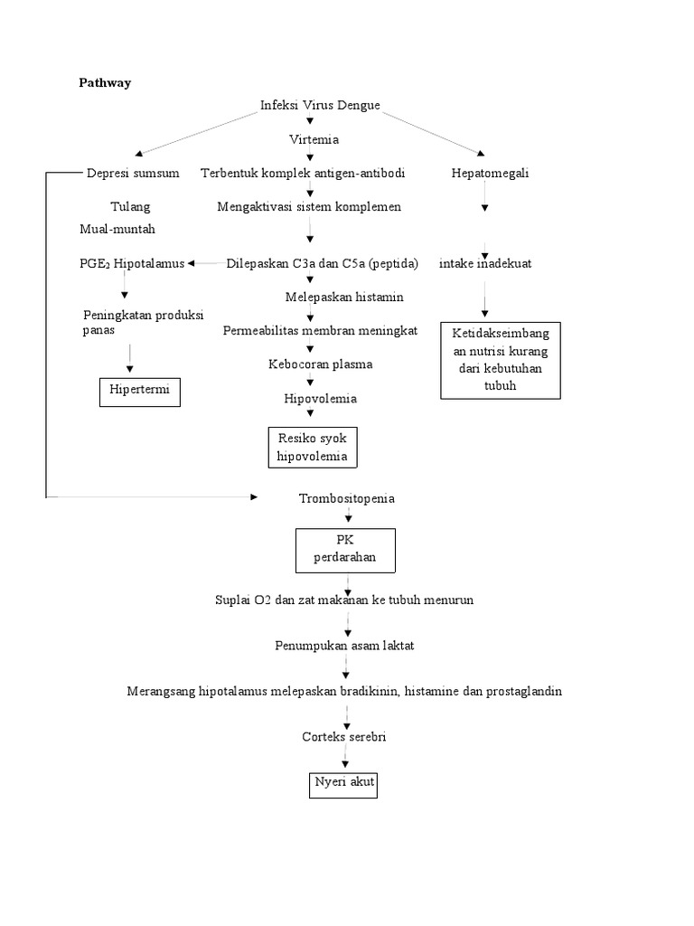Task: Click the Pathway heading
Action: coord(105,82)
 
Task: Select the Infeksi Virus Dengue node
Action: coord(320,107)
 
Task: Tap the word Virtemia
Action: coord(314,139)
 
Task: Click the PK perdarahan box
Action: coord(344,550)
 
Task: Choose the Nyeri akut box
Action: coord(342,783)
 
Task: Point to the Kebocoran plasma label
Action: coord(320,364)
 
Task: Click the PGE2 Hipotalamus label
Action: coord(131,263)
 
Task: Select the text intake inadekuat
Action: coord(484,264)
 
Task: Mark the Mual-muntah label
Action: coord(117,229)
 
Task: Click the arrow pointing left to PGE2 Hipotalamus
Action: coord(205,263)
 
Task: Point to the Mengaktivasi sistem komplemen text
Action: coord(309,206)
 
